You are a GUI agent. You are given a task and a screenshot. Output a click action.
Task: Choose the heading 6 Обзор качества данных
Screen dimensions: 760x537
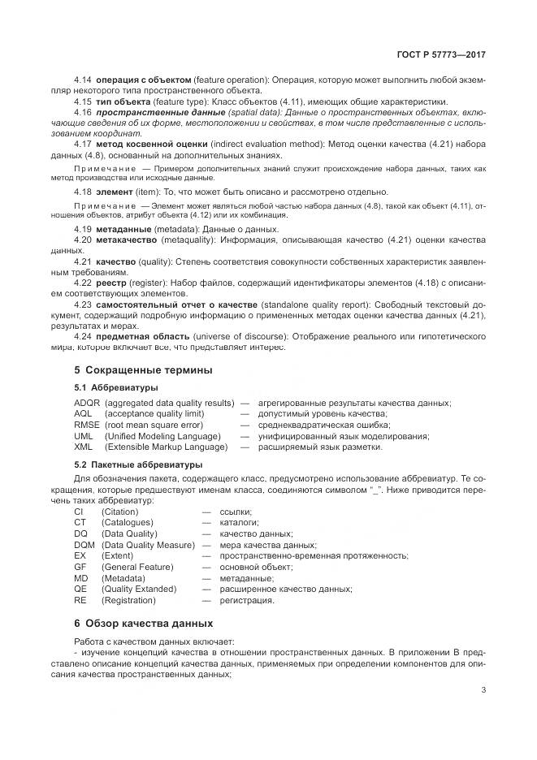point(143,623)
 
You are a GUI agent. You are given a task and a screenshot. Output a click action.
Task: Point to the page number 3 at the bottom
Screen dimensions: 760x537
point(483,690)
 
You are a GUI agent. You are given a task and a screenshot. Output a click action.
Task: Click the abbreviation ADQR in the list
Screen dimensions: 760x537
point(87,404)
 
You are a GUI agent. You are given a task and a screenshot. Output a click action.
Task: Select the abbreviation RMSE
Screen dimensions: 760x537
point(87,425)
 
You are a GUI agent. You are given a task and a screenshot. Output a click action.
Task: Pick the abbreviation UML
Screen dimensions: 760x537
point(84,436)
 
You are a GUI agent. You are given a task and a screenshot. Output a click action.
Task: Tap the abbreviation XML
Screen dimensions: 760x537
point(83,447)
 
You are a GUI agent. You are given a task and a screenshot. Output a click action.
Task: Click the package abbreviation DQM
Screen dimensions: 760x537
point(84,545)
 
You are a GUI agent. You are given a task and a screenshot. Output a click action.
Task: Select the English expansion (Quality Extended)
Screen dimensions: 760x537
point(138,589)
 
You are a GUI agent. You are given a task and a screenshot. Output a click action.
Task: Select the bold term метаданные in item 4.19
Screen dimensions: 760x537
point(124,230)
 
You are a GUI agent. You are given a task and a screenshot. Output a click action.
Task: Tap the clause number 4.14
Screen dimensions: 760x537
point(83,80)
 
